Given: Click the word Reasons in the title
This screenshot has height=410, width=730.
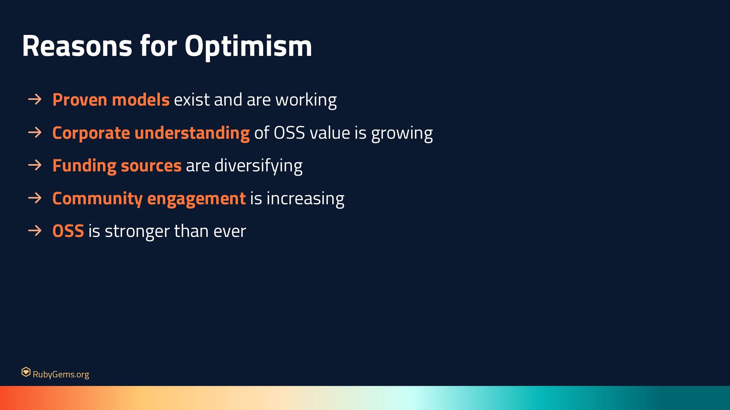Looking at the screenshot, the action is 77,46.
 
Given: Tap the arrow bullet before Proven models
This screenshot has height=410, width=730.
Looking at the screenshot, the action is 35,99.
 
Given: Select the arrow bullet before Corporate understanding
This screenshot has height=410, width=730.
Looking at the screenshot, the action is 35,132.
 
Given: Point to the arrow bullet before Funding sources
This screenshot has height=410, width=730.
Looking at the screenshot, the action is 35,165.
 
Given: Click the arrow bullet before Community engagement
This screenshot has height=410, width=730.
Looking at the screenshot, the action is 35,198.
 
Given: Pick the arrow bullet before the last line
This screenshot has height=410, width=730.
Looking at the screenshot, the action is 35,231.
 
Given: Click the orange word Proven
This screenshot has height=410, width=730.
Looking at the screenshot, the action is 80,100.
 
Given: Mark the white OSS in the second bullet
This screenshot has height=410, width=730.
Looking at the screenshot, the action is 289,133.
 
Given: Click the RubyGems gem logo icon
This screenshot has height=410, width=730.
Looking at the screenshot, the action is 26,372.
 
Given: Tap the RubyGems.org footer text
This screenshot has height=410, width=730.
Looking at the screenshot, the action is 61,374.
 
